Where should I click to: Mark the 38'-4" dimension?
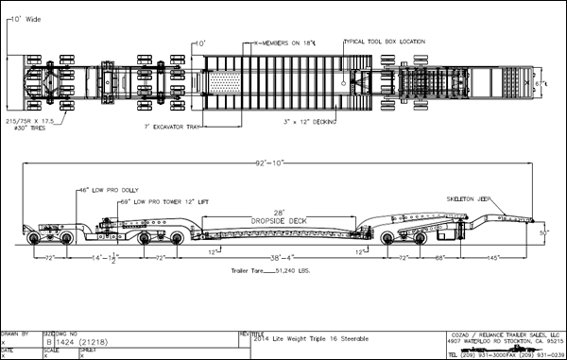283,257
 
